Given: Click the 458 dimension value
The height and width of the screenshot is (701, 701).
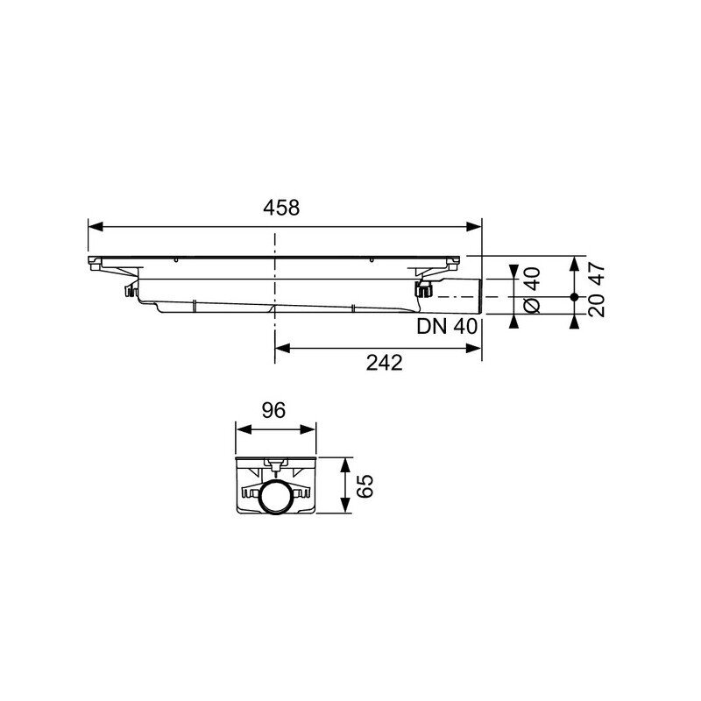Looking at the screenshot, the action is pyautogui.click(x=281, y=208).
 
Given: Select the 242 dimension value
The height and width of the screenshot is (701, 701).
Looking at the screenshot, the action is pyautogui.click(x=385, y=363).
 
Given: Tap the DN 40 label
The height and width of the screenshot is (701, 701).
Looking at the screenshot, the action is pyautogui.click(x=447, y=326).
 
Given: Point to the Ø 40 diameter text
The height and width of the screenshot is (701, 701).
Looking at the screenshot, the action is pyautogui.click(x=532, y=290).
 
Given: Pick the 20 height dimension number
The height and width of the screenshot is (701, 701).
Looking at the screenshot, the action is pyautogui.click(x=597, y=306).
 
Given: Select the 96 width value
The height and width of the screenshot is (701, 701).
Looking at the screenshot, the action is pyautogui.click(x=273, y=410).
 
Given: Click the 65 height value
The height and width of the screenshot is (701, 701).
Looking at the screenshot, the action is pyautogui.click(x=365, y=485).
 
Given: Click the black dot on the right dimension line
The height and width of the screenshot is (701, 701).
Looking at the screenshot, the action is pyautogui.click(x=575, y=297).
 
